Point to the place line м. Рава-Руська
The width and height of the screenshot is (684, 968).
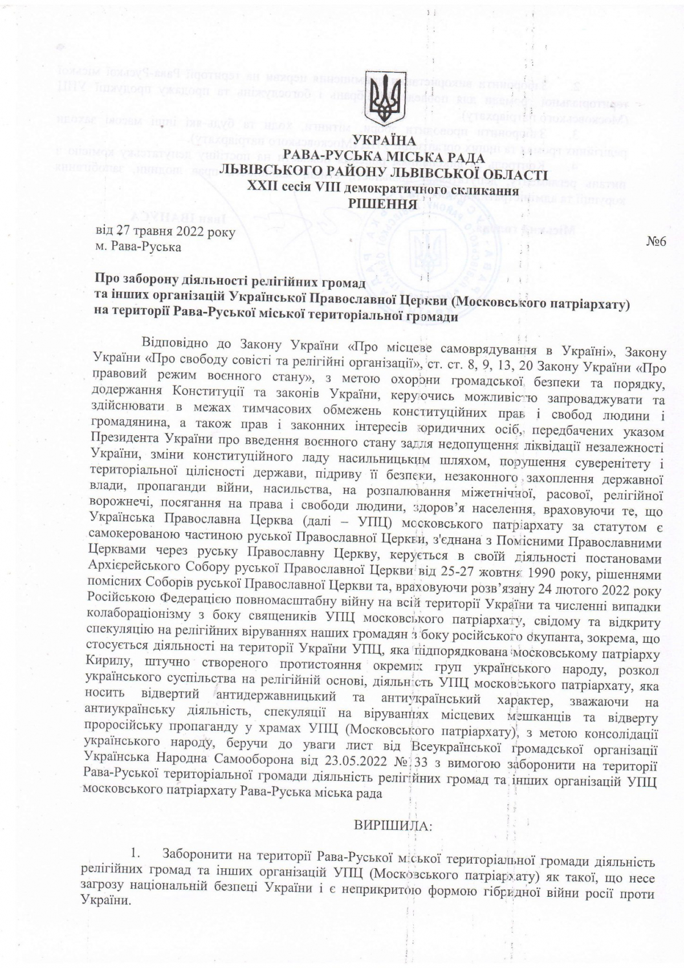click(x=139, y=247)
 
